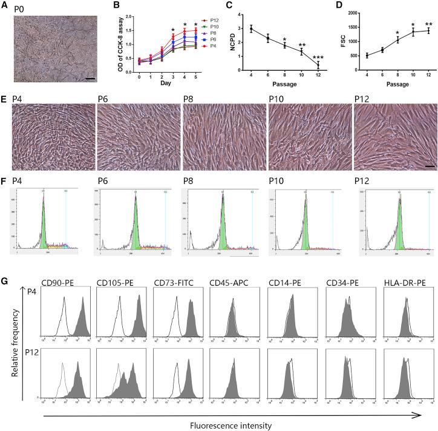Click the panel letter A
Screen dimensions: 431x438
(x=5, y=5)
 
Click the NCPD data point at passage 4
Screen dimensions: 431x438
(x=251, y=28)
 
